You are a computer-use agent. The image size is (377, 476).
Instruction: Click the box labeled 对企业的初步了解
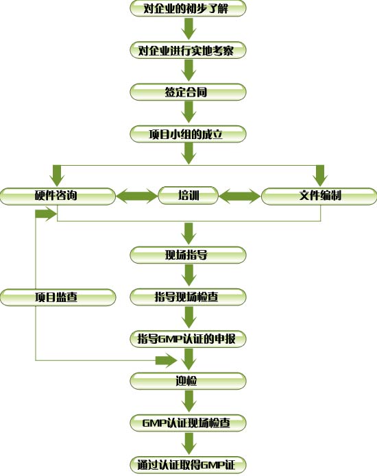tap(188, 8)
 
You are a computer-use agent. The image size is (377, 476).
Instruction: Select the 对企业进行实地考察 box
tap(188, 50)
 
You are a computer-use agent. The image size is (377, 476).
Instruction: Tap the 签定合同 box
tap(188, 92)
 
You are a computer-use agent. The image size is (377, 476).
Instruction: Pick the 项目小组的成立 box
tap(188, 134)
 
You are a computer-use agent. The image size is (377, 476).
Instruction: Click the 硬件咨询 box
tap(58, 196)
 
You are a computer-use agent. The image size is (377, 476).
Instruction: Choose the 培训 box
tap(188, 195)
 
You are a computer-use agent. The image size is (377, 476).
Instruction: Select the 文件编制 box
tap(319, 196)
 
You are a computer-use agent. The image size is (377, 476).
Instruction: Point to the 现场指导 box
tap(188, 255)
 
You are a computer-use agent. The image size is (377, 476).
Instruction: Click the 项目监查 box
tap(58, 297)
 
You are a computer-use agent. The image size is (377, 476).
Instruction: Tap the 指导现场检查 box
tap(188, 297)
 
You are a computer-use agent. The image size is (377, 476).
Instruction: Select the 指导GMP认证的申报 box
tap(188, 339)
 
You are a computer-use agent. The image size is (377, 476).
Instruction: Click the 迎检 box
tap(188, 381)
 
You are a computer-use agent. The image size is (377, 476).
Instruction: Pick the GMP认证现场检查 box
tap(188, 423)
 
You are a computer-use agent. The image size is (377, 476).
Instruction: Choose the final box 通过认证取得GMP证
tap(188, 465)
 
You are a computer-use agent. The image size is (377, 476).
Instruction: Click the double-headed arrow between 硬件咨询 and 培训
tap(136, 196)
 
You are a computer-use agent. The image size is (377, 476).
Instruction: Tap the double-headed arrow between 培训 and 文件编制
tap(240, 196)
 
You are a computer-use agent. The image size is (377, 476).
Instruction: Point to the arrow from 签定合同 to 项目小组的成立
tap(188, 112)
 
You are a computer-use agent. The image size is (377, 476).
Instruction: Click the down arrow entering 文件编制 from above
tap(320, 176)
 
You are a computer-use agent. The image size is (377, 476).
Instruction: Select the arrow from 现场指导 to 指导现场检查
tap(188, 275)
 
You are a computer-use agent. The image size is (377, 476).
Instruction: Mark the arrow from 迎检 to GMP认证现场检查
tap(188, 401)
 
